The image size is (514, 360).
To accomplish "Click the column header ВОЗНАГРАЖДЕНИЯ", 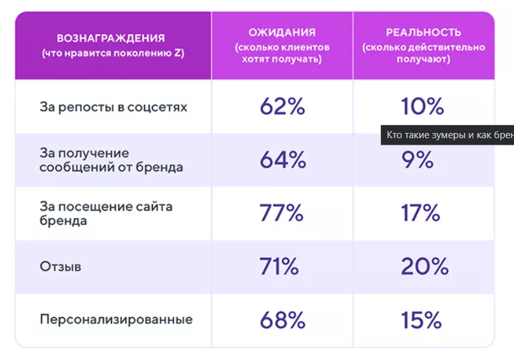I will tap(111, 38).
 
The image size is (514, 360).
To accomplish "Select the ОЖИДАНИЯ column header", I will tap(282, 32).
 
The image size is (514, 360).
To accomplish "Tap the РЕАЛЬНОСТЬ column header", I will tap(423, 32).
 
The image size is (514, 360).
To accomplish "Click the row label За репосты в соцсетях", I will tap(113, 107).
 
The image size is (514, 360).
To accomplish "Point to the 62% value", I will tap(282, 106).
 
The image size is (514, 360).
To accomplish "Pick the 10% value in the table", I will tap(422, 106).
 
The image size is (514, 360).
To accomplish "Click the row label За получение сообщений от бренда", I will tap(111, 160).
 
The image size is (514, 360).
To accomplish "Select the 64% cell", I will tap(282, 160).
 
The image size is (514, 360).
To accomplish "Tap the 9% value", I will tap(417, 160).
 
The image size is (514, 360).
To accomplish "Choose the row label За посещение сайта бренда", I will tap(106, 213).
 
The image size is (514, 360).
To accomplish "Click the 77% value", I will tap(282, 213).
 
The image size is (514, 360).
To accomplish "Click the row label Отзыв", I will tap(60, 267).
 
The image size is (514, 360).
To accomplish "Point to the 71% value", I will tap(279, 267).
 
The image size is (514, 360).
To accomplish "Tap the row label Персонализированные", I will tap(116, 320).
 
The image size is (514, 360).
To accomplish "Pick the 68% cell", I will tap(282, 320).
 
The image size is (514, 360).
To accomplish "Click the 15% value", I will tap(421, 320).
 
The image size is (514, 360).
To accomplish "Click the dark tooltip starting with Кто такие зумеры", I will tap(448, 136).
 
